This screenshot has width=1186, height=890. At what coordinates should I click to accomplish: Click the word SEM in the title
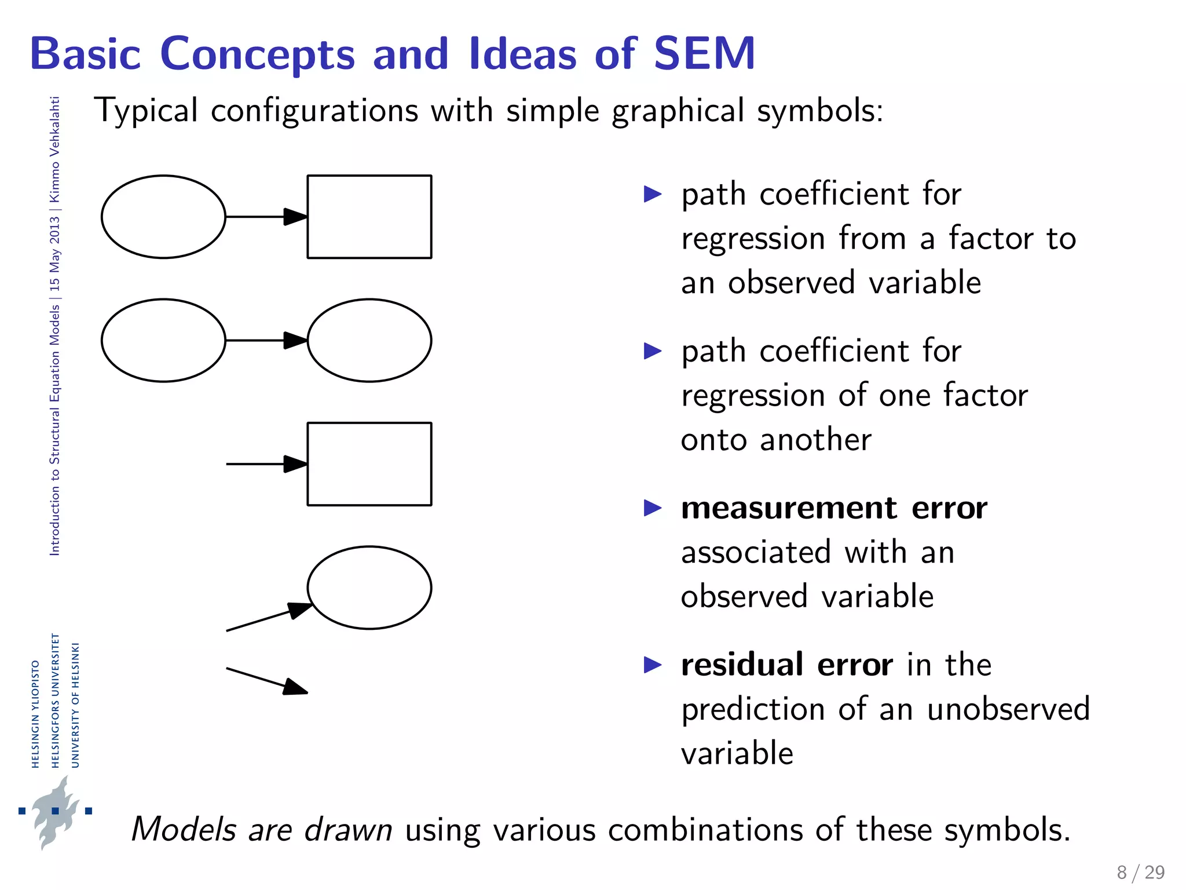tap(704, 54)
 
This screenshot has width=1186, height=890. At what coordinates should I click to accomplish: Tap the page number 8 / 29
tap(1140, 872)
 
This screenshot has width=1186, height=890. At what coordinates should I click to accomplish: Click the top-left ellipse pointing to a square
tap(163, 217)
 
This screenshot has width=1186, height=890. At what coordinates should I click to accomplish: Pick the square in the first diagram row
tap(369, 217)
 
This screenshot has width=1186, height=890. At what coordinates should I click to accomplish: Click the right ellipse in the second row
tap(369, 341)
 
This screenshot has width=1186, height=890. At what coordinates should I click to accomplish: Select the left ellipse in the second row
tap(163, 341)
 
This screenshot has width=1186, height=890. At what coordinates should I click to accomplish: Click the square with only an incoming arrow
tap(369, 464)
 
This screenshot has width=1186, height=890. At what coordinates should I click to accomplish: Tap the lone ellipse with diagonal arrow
tap(369, 588)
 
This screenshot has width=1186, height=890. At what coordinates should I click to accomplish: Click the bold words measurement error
tap(834, 509)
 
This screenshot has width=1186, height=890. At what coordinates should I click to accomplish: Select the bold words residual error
tap(786, 665)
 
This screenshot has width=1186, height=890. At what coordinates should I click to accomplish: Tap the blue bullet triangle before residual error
tap(652, 665)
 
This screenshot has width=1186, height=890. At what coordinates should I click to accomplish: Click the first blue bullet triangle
tap(652, 194)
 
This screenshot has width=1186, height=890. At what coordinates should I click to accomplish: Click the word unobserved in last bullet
tap(1008, 709)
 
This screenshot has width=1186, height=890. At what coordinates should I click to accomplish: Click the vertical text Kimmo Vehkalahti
tap(54, 149)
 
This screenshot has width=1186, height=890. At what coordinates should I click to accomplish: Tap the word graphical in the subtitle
tap(678, 111)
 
